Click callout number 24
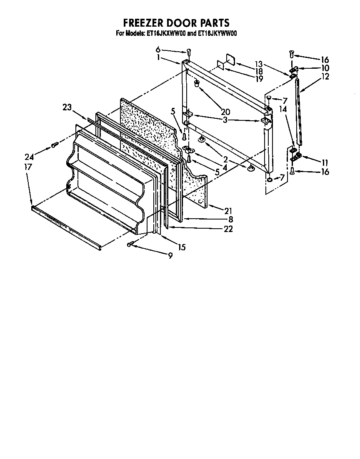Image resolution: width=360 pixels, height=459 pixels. tap(29, 157)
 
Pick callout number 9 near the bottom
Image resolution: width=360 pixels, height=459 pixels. tap(170, 256)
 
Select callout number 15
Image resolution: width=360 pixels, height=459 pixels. tap(182, 247)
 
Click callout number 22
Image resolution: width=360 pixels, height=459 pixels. tap(228, 229)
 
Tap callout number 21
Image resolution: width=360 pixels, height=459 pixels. tap(228, 211)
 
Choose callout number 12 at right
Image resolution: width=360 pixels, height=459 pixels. tap(325, 76)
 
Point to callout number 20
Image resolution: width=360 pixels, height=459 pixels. tap(225, 112)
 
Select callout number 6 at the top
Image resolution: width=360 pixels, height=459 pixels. tap(158, 50)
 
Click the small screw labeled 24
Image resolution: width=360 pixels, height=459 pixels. tap(54, 145)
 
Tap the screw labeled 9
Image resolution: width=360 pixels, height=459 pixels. tap(131, 244)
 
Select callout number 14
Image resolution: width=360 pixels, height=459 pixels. tap(283, 109)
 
